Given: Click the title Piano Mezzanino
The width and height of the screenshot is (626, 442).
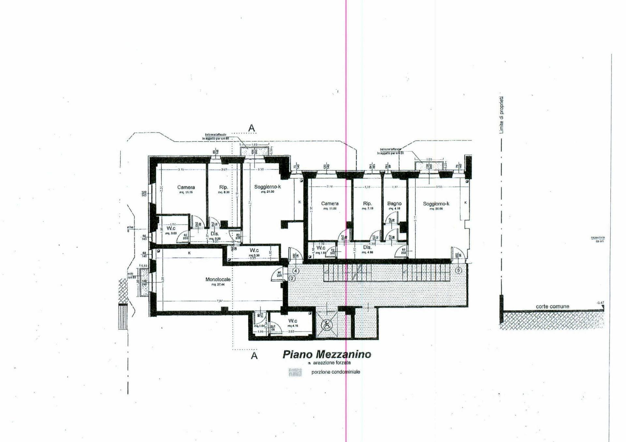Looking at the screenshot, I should tap(327, 354).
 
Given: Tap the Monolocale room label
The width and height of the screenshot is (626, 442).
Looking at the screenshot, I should tap(218, 279).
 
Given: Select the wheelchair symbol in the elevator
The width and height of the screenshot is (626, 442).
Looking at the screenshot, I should tap(326, 324).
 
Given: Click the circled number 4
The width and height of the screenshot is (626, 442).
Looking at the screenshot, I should tap(296, 271).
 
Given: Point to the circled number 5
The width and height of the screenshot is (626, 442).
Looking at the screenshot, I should tap(458, 270).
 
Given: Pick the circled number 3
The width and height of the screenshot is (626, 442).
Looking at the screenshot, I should tap(292, 278).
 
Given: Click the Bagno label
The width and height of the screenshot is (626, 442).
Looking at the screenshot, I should tap(394, 203).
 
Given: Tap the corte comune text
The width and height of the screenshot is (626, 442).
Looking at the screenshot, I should tap(552, 306).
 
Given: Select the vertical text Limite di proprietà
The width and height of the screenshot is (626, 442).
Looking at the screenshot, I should tap(501, 115).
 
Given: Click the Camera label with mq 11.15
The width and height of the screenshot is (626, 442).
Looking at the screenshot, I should tap(186, 187).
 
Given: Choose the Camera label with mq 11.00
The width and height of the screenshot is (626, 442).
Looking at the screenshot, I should tap(330, 203).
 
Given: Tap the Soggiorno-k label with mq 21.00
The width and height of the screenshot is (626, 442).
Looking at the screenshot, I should tap(267, 187).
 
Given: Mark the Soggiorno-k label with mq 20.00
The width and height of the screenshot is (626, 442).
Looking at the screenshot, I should tap(436, 204).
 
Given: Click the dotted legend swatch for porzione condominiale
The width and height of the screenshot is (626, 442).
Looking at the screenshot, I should tap(295, 372).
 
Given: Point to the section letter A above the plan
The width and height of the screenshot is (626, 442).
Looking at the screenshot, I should tap(251, 128).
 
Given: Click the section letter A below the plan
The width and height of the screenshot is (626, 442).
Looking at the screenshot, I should tap(254, 356).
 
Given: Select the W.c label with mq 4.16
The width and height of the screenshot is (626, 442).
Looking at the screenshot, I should tap(292, 321).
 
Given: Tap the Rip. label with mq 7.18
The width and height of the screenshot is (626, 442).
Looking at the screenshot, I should tap(367, 203).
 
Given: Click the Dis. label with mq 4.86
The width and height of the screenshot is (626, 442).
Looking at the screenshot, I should tap(367, 247).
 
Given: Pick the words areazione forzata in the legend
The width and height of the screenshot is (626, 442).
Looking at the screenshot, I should tap(332, 362).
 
